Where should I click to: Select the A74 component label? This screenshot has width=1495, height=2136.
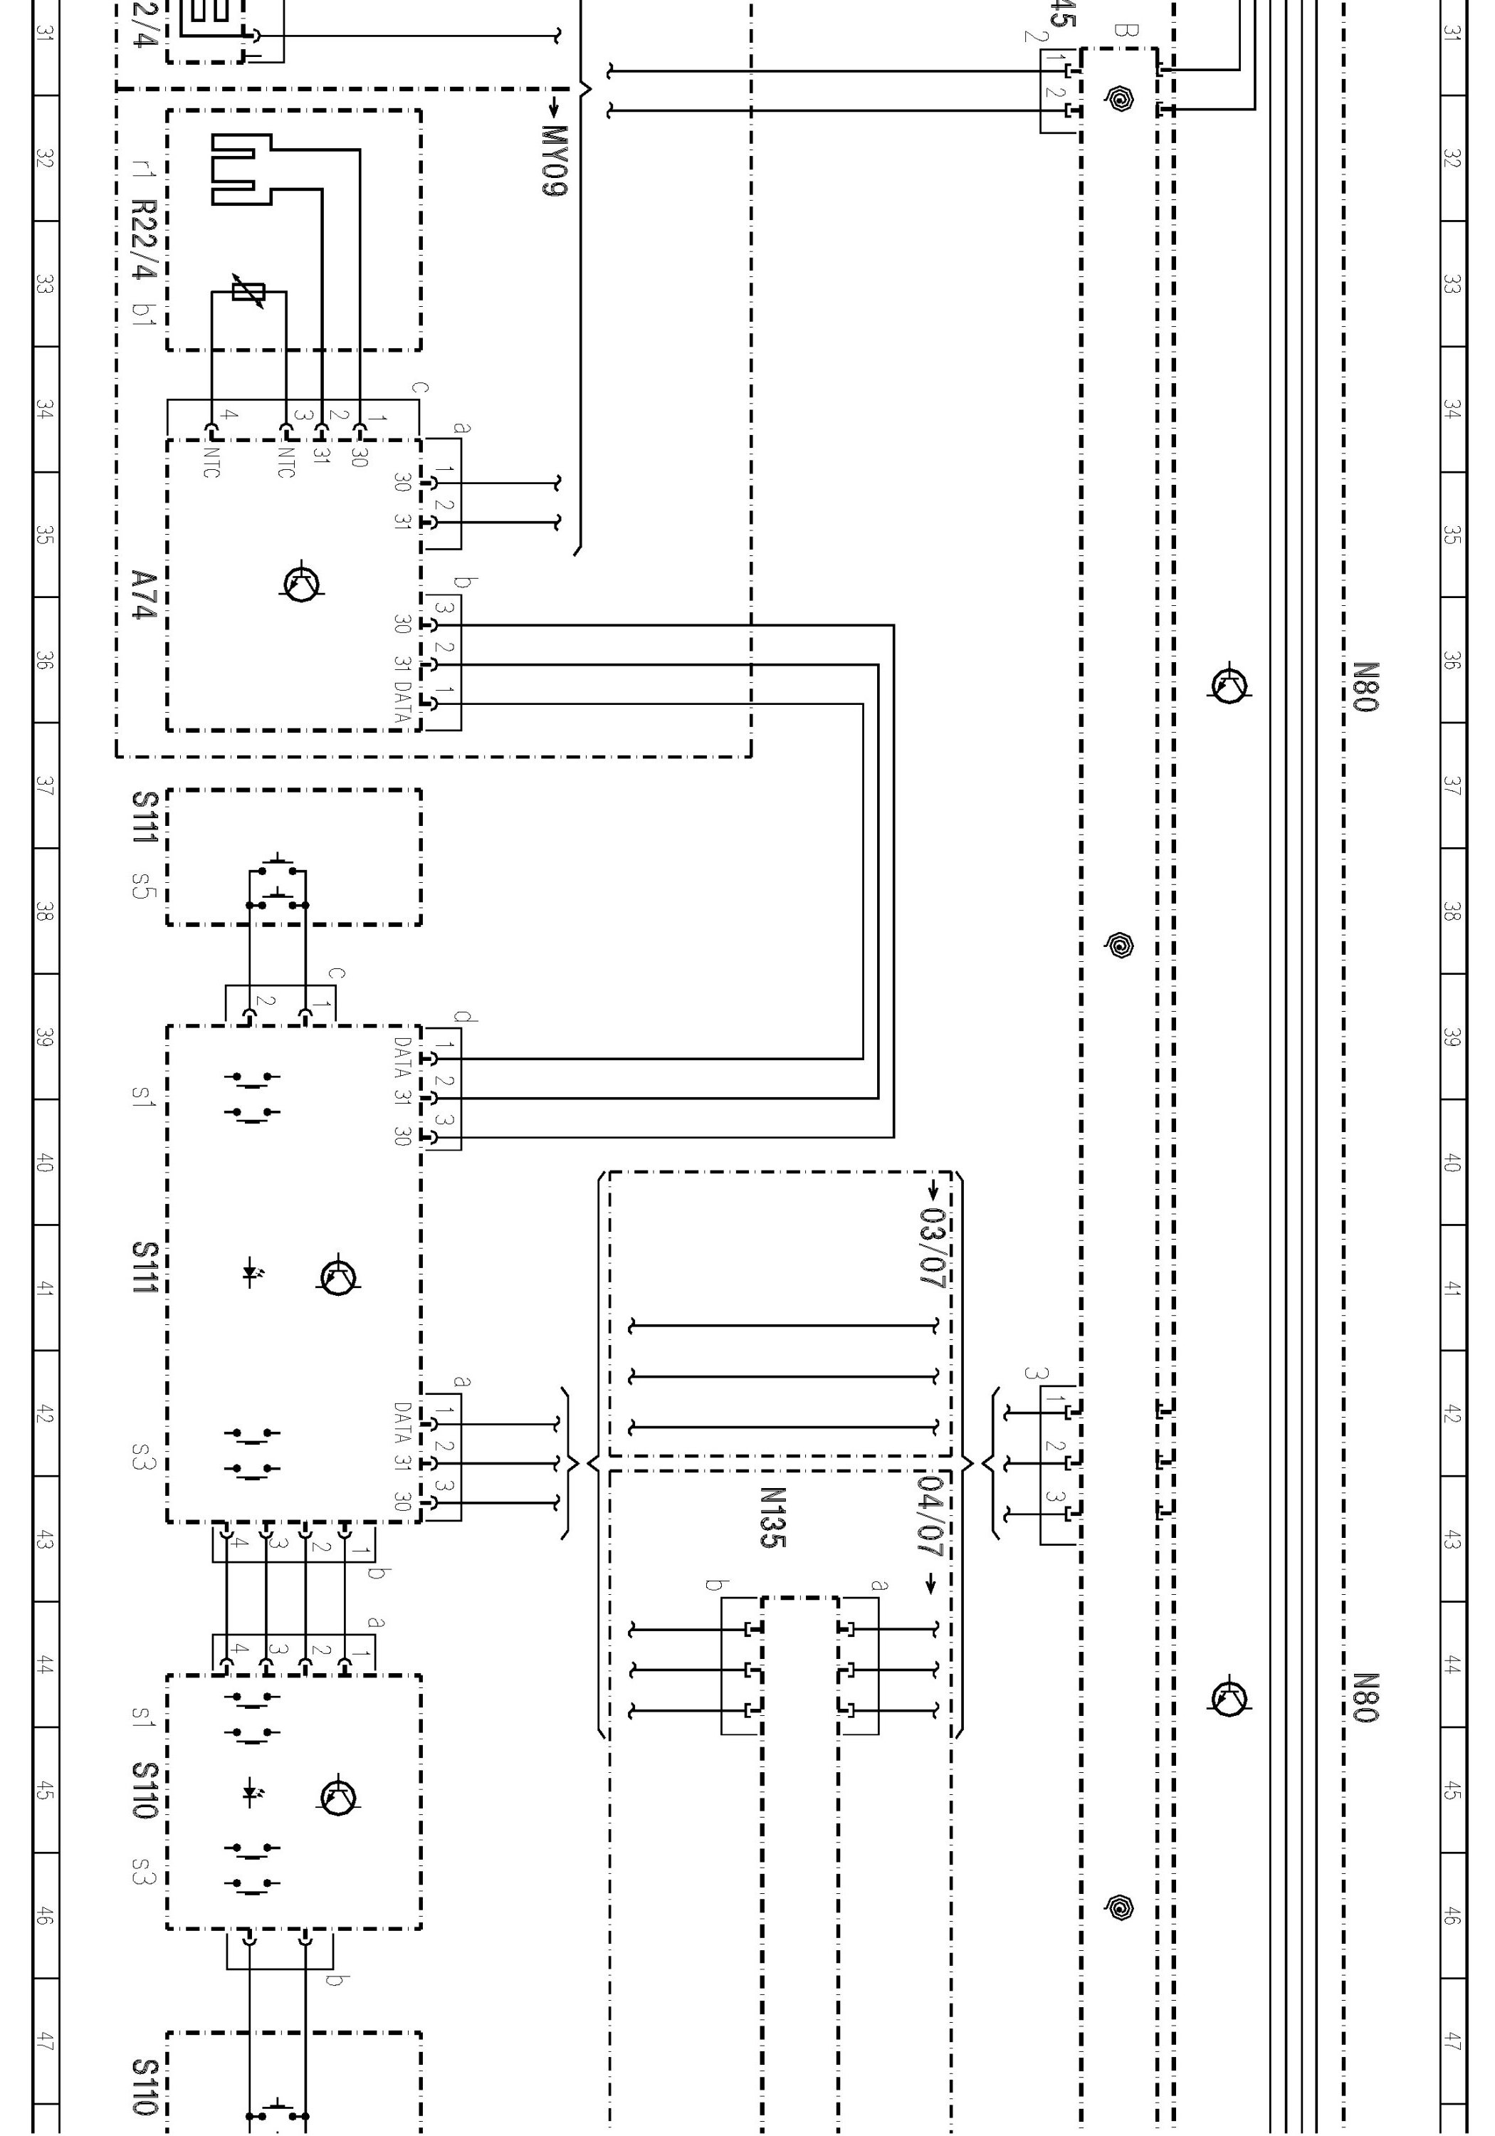click(x=142, y=595)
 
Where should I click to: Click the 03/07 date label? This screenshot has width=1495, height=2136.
click(x=931, y=1247)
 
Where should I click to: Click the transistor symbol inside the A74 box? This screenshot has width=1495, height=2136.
click(x=301, y=583)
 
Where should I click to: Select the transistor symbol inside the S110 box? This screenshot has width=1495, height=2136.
click(x=339, y=1796)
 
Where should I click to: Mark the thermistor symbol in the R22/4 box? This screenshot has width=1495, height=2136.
click(x=248, y=293)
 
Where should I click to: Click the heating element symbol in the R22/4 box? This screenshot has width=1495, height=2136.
click(x=240, y=168)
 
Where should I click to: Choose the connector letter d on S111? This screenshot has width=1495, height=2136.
click(x=464, y=1017)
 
